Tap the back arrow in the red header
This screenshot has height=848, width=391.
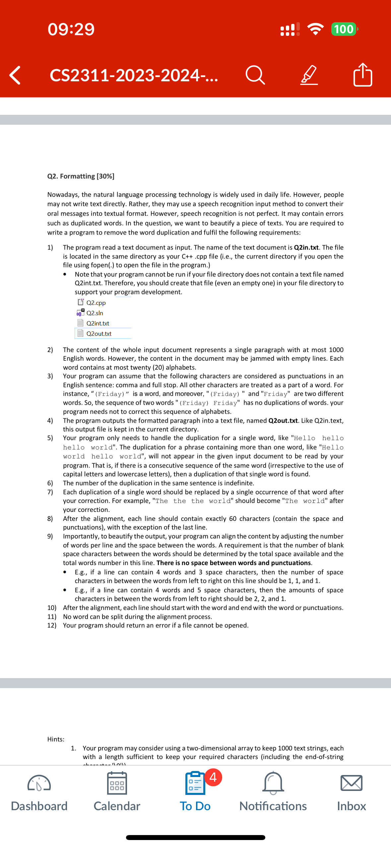(15, 75)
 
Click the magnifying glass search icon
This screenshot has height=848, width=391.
(255, 75)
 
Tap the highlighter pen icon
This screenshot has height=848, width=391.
(309, 75)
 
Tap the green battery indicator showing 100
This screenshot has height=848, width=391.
(344, 29)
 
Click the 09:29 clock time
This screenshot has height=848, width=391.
(71, 29)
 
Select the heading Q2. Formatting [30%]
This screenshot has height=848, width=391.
(81, 176)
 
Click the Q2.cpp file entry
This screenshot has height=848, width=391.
(96, 303)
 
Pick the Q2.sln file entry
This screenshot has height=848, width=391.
(94, 313)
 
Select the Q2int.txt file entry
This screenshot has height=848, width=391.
(97, 323)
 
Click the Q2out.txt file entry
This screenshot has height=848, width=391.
(98, 333)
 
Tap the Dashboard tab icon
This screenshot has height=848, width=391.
(39, 784)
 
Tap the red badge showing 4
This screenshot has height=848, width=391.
(213, 777)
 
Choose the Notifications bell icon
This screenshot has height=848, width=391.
(273, 783)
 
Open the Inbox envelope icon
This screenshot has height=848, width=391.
(351, 783)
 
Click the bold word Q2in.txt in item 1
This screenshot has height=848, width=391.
(306, 247)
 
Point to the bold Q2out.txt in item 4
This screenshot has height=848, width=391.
(283, 421)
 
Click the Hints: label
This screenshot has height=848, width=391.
(56, 739)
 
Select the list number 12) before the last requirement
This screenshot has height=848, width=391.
(52, 625)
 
